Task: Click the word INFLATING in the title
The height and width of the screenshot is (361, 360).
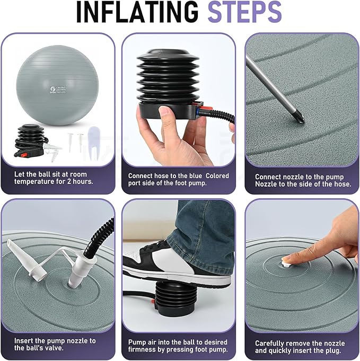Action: pyautogui.click(x=137, y=12)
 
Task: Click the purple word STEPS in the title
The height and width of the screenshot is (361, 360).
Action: pyautogui.click(x=245, y=12)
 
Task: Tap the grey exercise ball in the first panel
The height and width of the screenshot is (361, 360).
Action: pyautogui.click(x=58, y=85)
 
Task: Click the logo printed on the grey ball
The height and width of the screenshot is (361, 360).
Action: pyautogui.click(x=52, y=90)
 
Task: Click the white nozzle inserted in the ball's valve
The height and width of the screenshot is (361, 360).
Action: pyautogui.click(x=78, y=271)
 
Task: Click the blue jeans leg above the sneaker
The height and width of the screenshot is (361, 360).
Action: pyautogui.click(x=203, y=228)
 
